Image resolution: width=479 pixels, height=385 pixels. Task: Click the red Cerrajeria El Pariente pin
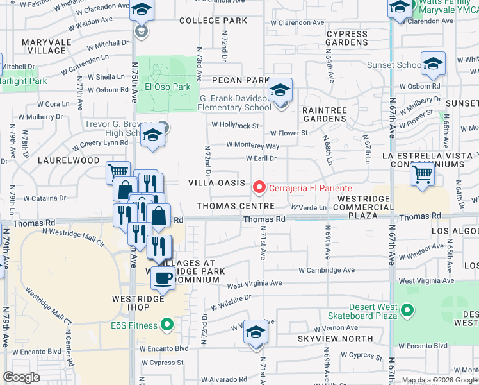(x=259, y=187)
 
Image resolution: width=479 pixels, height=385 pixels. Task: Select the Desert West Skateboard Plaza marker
(x=407, y=312)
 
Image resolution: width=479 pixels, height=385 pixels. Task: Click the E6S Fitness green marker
(x=168, y=325)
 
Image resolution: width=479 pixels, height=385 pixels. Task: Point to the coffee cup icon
(x=163, y=278)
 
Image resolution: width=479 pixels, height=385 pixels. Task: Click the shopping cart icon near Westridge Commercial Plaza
(x=422, y=173)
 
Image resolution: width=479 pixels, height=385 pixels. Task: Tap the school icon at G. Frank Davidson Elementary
(x=280, y=91)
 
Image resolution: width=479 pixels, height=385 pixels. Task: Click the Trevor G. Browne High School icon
(x=152, y=135)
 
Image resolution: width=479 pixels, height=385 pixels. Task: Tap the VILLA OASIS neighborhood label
(x=216, y=183)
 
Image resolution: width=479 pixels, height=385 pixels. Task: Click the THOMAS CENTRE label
(x=235, y=206)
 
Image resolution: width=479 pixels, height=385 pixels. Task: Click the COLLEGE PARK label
(x=213, y=21)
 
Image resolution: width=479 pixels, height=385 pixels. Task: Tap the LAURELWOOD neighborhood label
(x=69, y=160)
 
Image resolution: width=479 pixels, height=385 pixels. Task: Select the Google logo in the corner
(x=22, y=377)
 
